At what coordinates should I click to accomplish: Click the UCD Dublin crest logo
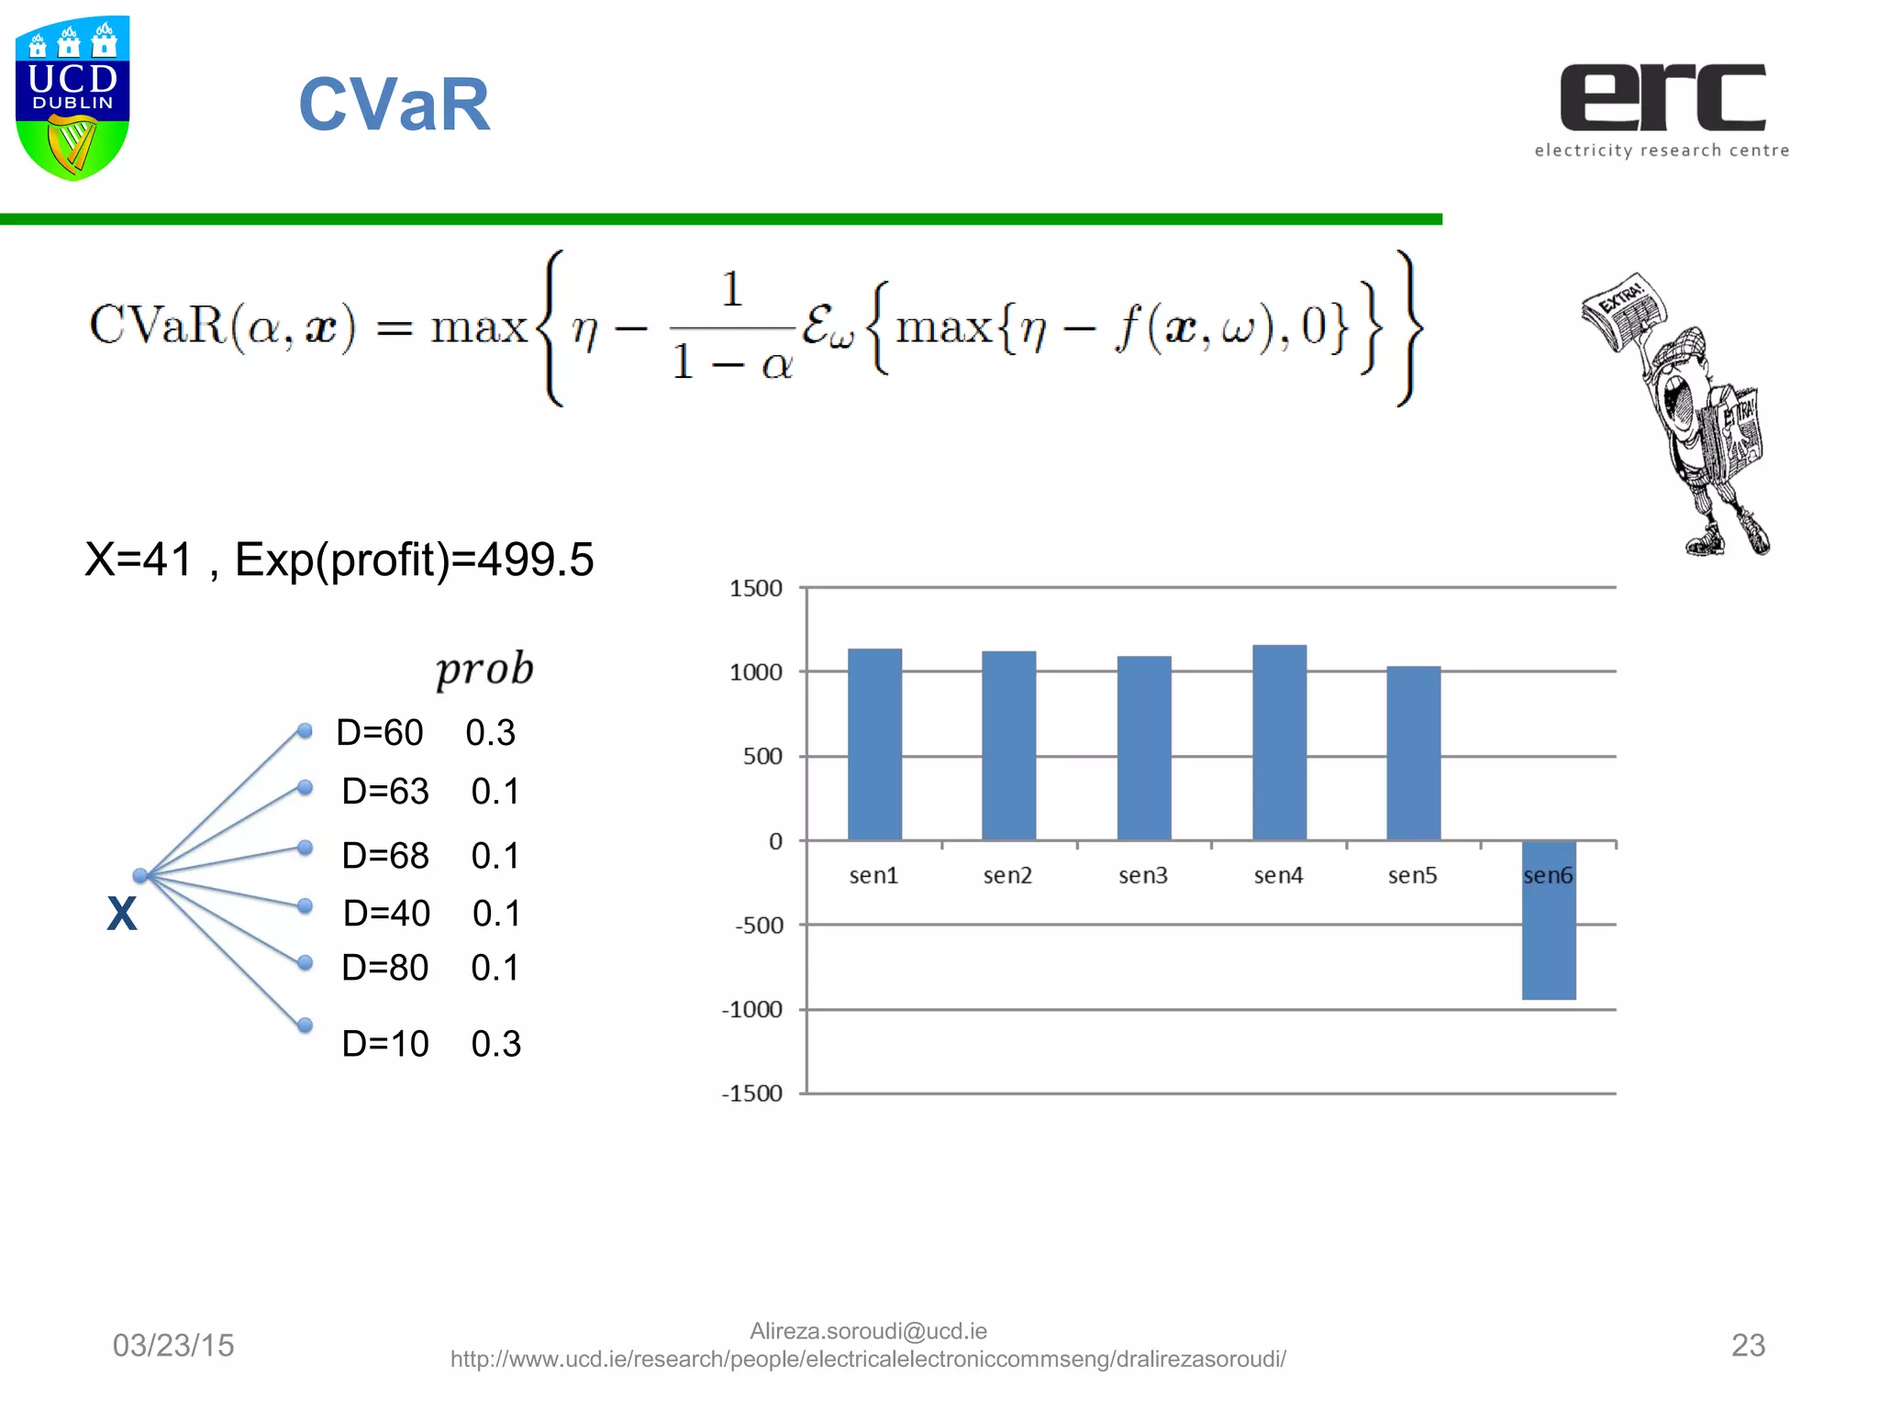coord(72,98)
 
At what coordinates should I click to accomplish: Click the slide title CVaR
coord(395,105)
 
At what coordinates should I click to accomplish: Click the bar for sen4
coord(1279,743)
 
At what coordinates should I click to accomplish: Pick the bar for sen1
coord(874,745)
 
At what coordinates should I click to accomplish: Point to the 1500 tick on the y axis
coord(756,588)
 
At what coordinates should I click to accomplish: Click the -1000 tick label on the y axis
coord(752,1009)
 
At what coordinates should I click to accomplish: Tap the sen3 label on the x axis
coord(1143,875)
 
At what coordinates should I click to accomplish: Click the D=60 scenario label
coord(380,733)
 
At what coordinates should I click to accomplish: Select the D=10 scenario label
coord(385,1044)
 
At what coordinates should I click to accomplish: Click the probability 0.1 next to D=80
coord(495,968)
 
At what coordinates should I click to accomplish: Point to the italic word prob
coord(484,669)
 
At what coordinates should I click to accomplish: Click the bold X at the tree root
coord(122,914)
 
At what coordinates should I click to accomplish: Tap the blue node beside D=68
coord(306,848)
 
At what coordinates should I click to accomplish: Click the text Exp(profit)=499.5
coord(415,560)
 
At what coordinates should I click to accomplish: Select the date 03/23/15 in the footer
coord(173,1345)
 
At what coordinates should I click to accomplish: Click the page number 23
coord(1748,1345)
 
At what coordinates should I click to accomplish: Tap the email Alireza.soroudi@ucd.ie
coord(868,1331)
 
